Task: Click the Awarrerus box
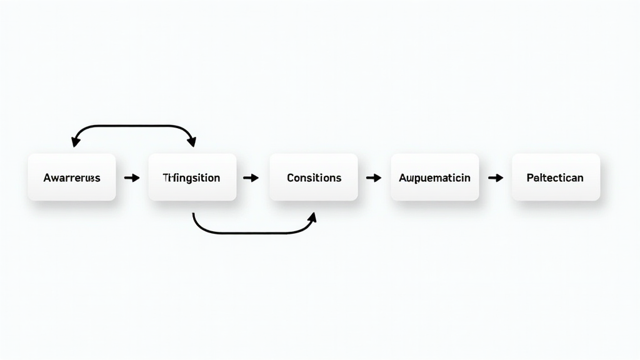click(x=71, y=177)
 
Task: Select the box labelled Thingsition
click(x=192, y=177)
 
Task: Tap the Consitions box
click(x=313, y=177)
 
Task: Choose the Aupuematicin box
click(x=434, y=177)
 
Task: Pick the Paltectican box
click(x=555, y=177)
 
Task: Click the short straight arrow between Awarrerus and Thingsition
click(x=132, y=178)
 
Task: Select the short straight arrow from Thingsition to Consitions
click(x=251, y=178)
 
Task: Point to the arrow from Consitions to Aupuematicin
click(x=374, y=178)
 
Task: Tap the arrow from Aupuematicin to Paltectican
click(x=496, y=178)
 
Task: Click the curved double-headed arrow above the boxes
click(x=134, y=126)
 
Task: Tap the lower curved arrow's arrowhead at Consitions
click(x=312, y=216)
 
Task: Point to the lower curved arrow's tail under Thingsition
click(x=194, y=216)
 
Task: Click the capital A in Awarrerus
click(x=47, y=177)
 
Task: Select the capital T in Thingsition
click(x=166, y=177)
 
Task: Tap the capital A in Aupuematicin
click(x=402, y=177)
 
